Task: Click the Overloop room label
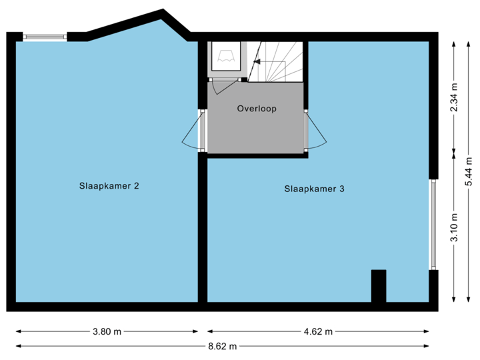coord(257,109)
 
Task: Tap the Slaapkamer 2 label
coord(109,186)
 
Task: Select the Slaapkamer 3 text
coord(314,189)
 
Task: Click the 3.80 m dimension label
coord(107,331)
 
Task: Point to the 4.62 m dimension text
coord(318,331)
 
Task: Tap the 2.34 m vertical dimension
coord(455,99)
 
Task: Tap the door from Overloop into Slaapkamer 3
coord(315,131)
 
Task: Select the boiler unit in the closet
coord(227,56)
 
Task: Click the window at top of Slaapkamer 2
coord(45,36)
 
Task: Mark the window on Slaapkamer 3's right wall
coord(434,224)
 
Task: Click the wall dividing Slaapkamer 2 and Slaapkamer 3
coord(203,227)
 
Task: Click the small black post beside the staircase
coord(244,80)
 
